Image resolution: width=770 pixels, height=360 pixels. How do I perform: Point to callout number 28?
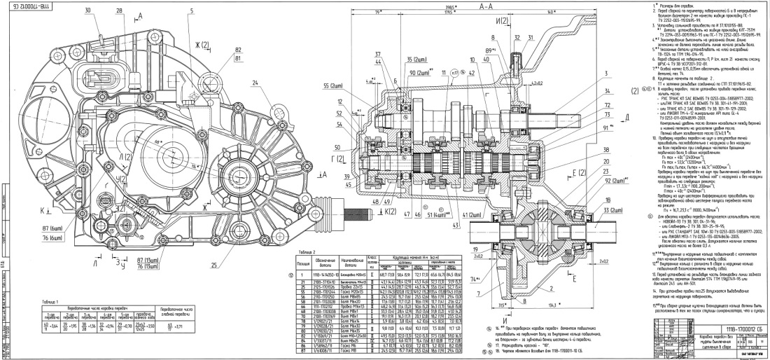120,13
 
